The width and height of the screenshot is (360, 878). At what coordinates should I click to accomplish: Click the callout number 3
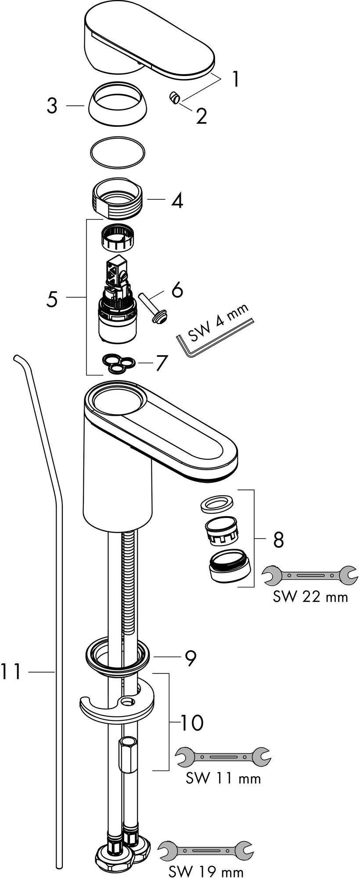point(52,106)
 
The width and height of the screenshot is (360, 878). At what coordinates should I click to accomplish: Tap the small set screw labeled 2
point(174,98)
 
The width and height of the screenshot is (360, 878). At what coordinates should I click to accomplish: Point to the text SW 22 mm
point(310,597)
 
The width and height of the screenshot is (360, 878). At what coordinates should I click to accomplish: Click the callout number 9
point(190,657)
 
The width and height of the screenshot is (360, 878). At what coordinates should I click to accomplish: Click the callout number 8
point(278,540)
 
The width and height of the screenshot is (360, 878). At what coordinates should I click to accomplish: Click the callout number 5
point(52,299)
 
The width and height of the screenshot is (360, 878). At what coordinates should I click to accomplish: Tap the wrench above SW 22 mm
point(310,576)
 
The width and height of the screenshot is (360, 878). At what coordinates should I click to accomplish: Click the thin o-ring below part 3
point(117,152)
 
